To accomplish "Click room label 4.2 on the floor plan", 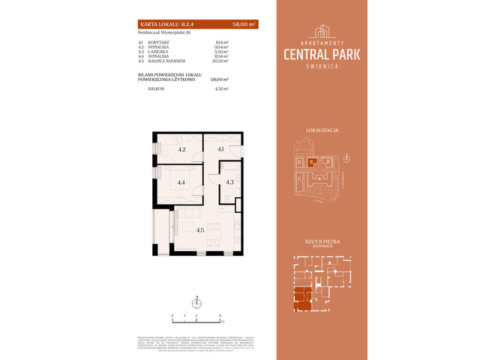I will point(181,149).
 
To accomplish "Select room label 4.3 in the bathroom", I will point(230,181).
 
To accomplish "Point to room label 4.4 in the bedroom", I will point(181,182).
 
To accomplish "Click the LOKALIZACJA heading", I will point(323,130).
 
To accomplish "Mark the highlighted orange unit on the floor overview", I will point(304,298).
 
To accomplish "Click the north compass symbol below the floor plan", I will point(199,303).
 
